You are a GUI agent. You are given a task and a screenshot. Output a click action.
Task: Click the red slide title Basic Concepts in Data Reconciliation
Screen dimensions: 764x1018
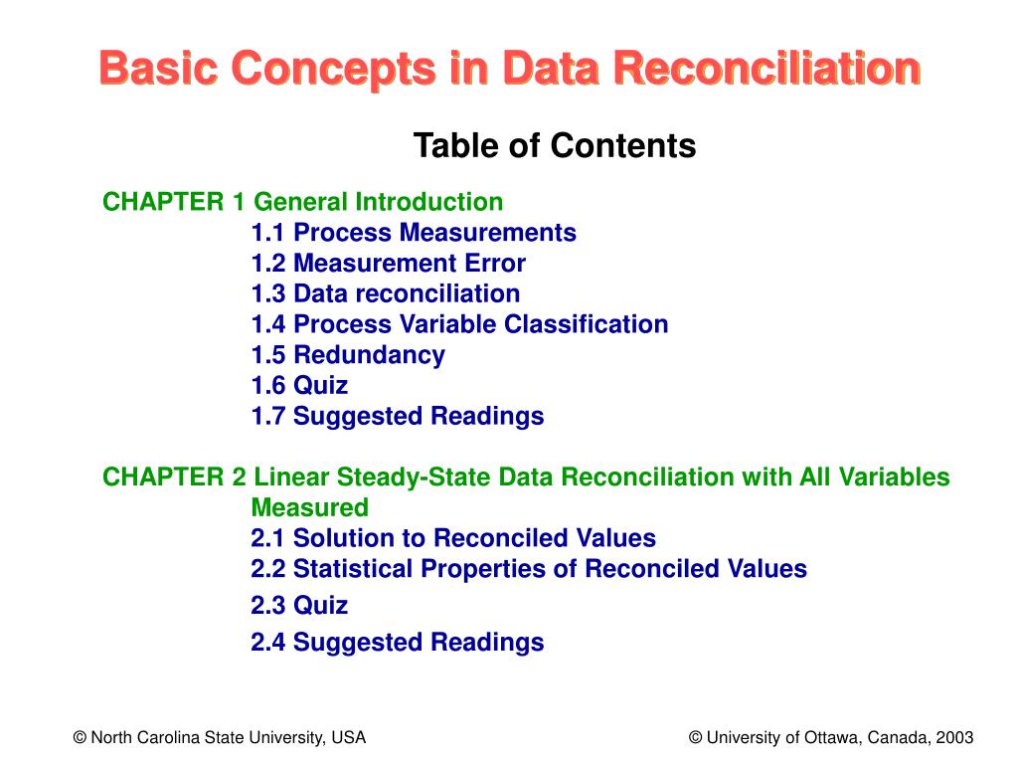point(509,70)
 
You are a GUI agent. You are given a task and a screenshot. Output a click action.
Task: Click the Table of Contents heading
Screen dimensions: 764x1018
point(555,146)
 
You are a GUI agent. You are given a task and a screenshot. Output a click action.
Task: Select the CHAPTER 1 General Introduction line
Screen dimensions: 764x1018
point(303,203)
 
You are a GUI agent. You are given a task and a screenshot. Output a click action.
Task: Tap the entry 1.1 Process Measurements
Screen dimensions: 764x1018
point(414,233)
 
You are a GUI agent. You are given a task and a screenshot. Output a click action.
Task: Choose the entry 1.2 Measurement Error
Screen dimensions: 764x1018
point(388,264)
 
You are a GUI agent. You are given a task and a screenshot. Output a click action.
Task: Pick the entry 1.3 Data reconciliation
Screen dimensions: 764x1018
point(385,294)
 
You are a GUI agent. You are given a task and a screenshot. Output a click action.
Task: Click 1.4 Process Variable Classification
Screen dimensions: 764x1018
point(459,324)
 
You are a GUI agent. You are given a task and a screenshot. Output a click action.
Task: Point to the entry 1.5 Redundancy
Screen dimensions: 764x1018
point(348,355)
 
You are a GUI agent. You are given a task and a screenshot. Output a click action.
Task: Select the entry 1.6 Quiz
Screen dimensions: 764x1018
point(299,386)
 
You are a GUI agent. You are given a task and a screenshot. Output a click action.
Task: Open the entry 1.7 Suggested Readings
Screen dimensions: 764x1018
point(398,416)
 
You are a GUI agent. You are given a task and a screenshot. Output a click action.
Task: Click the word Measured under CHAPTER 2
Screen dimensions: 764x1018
point(309,508)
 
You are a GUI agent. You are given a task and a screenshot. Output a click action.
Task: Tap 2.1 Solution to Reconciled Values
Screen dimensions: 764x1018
point(453,539)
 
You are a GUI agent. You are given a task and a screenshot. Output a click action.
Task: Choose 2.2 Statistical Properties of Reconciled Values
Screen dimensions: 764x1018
point(529,569)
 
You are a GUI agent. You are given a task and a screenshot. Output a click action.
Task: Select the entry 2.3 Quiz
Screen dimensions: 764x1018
point(299,606)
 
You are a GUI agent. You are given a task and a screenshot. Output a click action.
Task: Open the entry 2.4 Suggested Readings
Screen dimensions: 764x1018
point(398,643)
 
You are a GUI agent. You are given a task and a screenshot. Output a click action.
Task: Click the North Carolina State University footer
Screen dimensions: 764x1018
point(220,738)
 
